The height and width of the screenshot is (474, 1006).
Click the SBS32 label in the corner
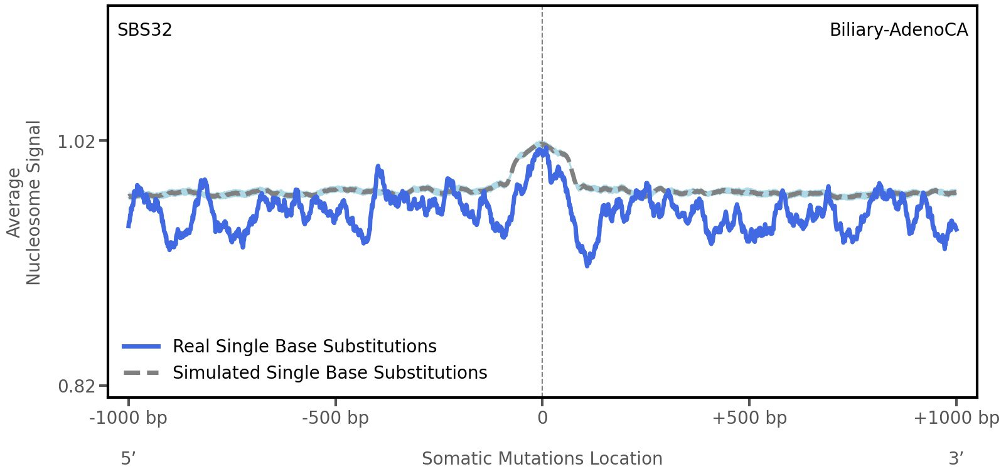tap(144, 30)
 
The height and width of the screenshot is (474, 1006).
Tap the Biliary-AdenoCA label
tap(898, 30)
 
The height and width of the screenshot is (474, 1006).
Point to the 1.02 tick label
tap(76, 142)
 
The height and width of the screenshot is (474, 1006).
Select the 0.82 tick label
tap(76, 386)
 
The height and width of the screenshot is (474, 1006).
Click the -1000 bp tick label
tap(129, 418)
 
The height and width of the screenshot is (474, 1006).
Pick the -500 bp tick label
tap(335, 418)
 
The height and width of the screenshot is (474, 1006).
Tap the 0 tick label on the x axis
tap(542, 418)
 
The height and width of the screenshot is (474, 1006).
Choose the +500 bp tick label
tap(749, 418)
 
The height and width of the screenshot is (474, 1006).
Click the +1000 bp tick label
tap(956, 418)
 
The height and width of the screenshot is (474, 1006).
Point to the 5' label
tap(128, 458)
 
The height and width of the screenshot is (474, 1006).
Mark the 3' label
tap(956, 458)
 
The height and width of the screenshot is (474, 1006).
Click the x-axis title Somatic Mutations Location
tap(542, 458)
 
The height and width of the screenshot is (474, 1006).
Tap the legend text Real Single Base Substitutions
tap(304, 346)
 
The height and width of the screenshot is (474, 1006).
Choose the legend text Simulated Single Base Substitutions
tap(329, 372)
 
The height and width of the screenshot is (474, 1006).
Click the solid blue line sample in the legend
tap(142, 346)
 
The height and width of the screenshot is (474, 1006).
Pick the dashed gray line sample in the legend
tap(142, 372)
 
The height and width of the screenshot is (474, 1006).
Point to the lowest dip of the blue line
tap(587, 265)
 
